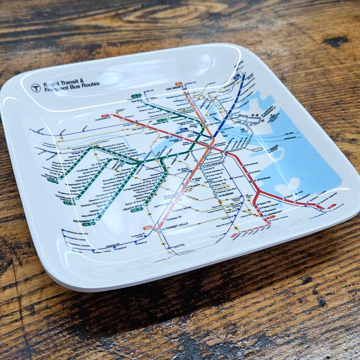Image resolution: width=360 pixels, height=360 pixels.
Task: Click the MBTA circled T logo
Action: (35, 87)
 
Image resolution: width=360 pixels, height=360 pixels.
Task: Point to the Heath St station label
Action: (133, 205)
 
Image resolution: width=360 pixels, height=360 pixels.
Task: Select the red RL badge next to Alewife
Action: (105, 116)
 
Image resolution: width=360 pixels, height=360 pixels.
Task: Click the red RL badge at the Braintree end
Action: (331, 205)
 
